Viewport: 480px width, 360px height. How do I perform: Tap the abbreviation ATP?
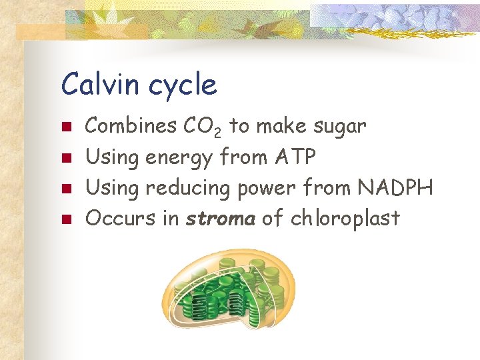[x=295, y=157]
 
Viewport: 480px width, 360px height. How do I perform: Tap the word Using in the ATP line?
[x=113, y=158]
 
